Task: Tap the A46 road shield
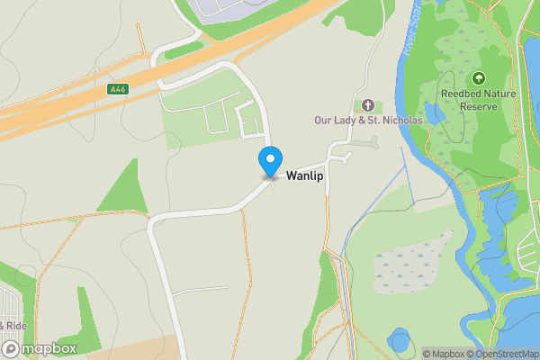pyautogui.click(x=116, y=89)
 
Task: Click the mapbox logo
pyautogui.click(x=39, y=348)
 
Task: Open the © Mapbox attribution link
pyautogui.click(x=444, y=354)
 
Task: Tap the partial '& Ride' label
pyautogui.click(x=11, y=325)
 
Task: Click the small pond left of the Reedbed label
pyautogui.click(x=433, y=113)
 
